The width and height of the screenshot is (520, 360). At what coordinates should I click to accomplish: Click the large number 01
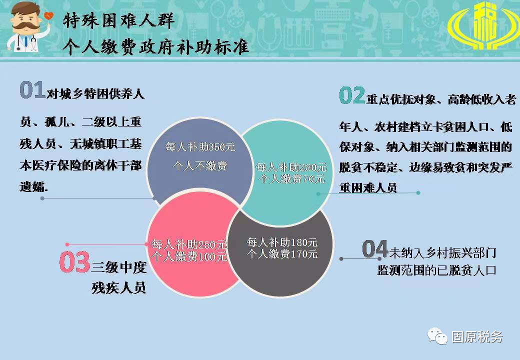(x=32, y=89)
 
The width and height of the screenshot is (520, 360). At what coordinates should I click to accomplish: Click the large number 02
(x=352, y=95)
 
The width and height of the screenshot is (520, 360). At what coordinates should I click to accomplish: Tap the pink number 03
(x=75, y=262)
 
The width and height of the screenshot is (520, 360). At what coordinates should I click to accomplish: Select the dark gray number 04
(x=375, y=249)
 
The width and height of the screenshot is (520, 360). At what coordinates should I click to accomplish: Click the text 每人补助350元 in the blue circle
(x=200, y=146)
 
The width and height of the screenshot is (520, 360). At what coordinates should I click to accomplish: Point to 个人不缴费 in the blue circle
(x=200, y=165)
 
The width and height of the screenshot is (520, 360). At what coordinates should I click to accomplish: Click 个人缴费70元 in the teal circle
(x=291, y=179)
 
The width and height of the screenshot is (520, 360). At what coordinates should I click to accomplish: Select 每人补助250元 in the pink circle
(x=189, y=244)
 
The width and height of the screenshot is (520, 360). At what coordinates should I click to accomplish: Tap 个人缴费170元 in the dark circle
(x=282, y=254)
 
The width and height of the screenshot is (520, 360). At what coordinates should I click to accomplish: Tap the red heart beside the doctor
(x=48, y=15)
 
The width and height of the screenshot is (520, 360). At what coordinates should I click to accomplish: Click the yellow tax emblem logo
(x=482, y=25)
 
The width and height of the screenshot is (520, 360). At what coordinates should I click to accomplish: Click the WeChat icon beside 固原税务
(x=437, y=336)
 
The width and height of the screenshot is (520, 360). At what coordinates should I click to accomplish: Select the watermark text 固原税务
(x=477, y=337)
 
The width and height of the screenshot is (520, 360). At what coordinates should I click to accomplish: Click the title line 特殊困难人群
(x=118, y=21)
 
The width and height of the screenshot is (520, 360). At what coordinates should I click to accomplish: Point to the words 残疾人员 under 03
(x=118, y=287)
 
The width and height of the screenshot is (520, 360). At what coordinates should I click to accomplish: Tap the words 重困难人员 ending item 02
(x=368, y=188)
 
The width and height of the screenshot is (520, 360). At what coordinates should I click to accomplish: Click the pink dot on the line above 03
(x=67, y=244)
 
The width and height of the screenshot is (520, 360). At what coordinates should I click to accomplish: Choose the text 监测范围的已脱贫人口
(x=437, y=270)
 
